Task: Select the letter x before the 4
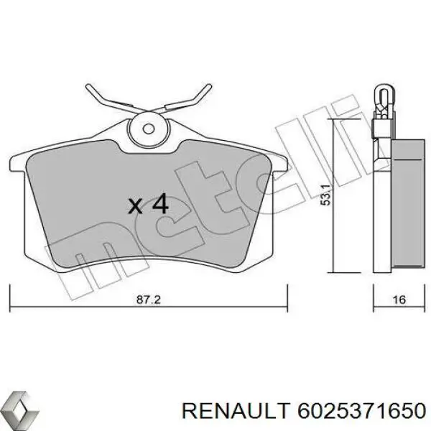point(134,206)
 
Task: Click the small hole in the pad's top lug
point(149,130)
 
